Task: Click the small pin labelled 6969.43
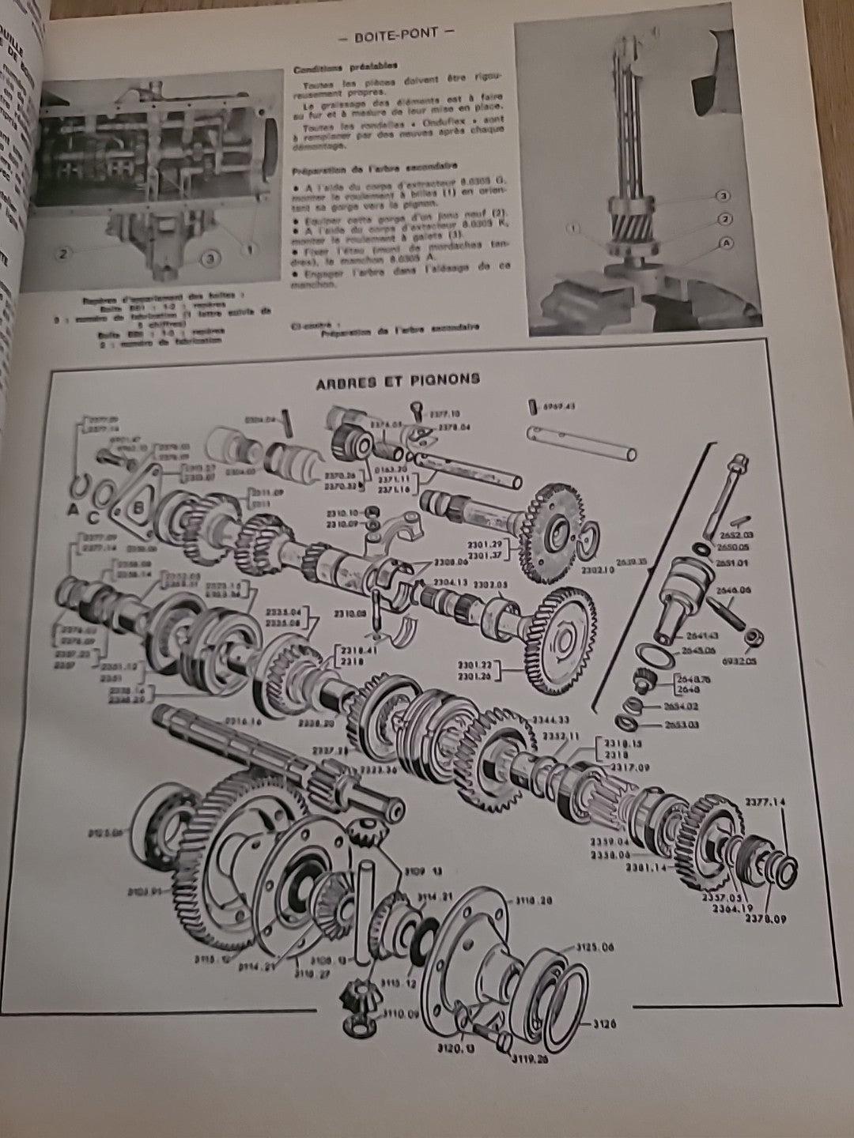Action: click(531, 406)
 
